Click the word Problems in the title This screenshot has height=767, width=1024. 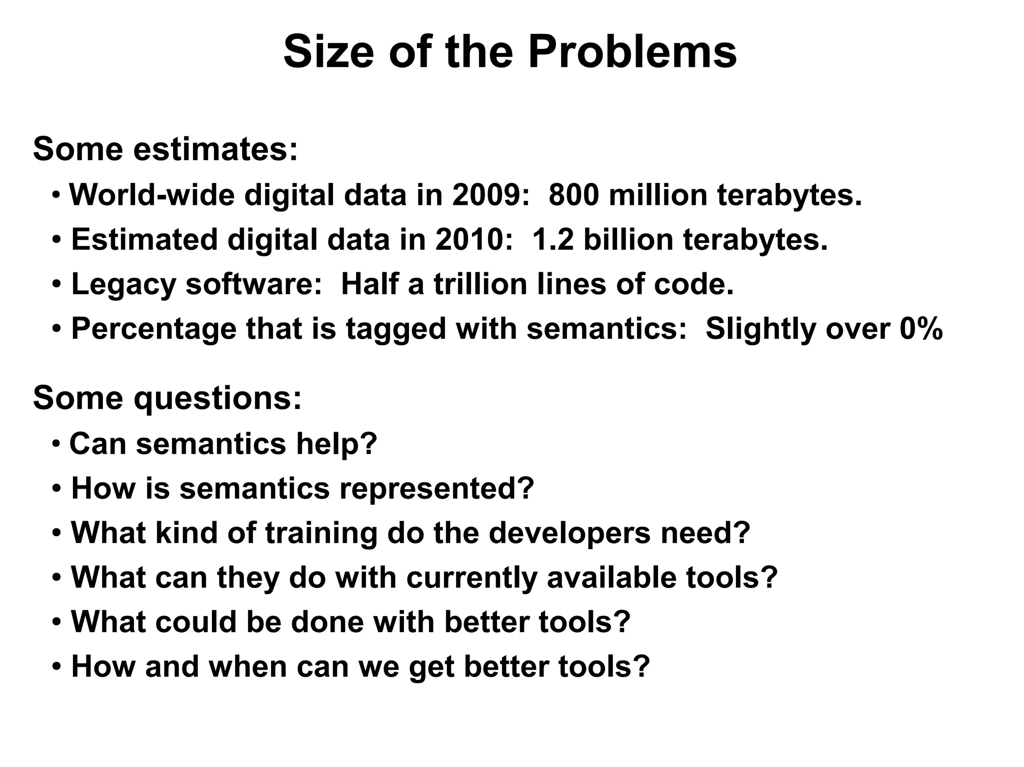pyautogui.click(x=632, y=52)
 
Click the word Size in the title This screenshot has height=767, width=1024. pyautogui.click(x=328, y=52)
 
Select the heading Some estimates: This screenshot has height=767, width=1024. pyautogui.click(x=165, y=149)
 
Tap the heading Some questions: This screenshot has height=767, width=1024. pyautogui.click(x=167, y=398)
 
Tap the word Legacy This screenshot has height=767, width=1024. pyautogui.click(x=123, y=284)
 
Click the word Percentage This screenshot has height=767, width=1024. pyautogui.click(x=153, y=329)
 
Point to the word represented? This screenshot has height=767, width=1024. pyautogui.click(x=437, y=488)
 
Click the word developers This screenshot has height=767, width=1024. pyautogui.click(x=569, y=533)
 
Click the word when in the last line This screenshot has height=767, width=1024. pyautogui.click(x=247, y=667)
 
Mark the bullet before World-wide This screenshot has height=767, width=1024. pyautogui.click(x=57, y=194)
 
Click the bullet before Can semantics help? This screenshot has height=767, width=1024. pyautogui.click(x=57, y=443)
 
